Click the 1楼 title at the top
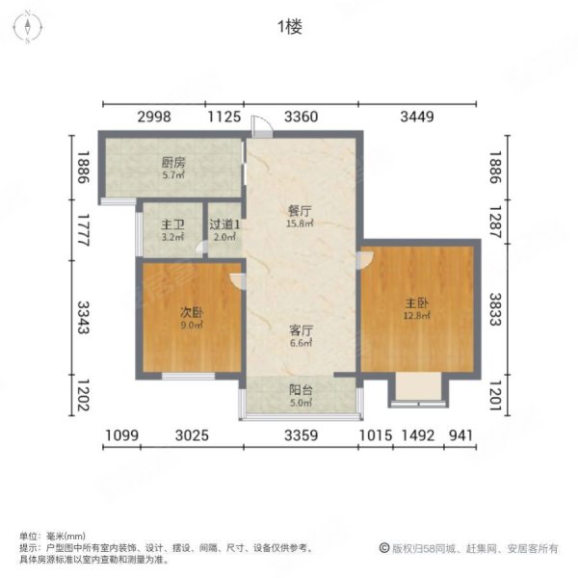click(289, 27)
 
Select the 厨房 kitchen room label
click(173, 163)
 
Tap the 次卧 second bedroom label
click(192, 312)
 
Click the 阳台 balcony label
click(301, 390)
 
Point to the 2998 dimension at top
click(153, 118)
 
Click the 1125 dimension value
click(223, 118)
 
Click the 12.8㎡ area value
click(417, 314)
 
